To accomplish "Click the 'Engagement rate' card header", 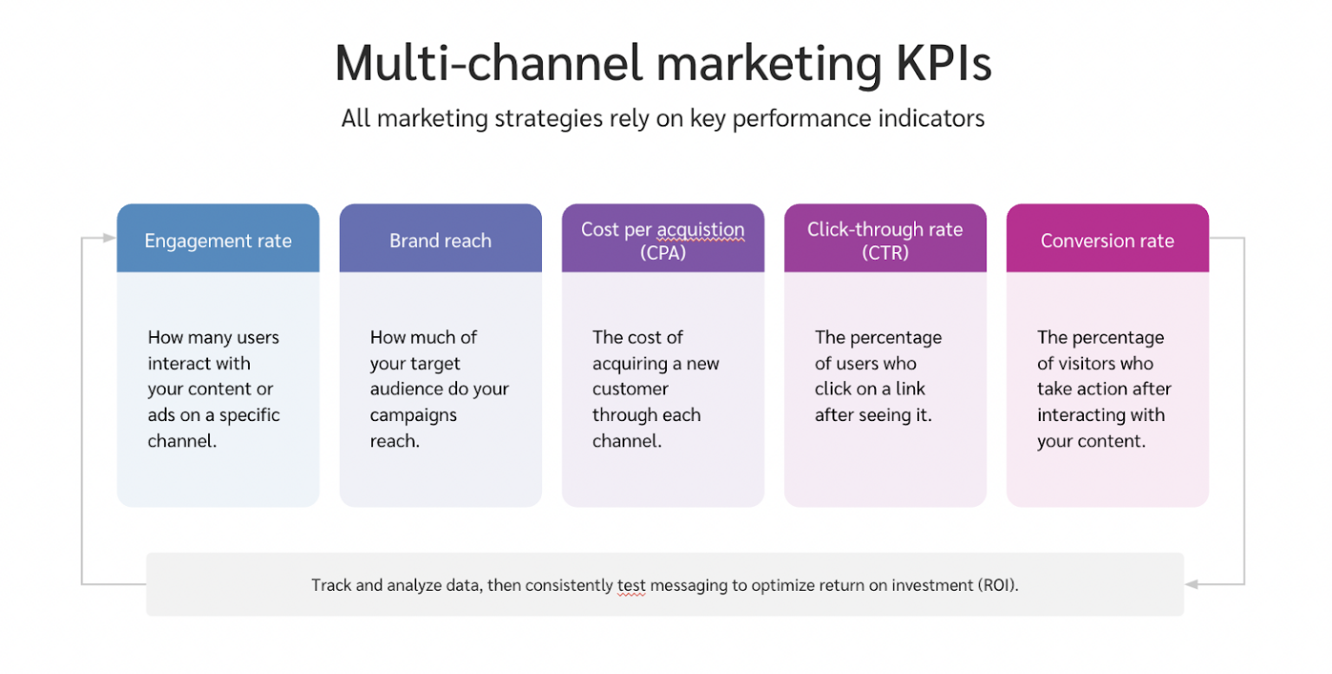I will pyautogui.click(x=218, y=240).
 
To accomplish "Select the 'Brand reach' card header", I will pyautogui.click(x=440, y=240).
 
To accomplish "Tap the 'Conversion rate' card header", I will pyautogui.click(x=1107, y=240).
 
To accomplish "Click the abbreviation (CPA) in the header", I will pyautogui.click(x=663, y=253).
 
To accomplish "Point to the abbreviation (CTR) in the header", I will pyautogui.click(x=885, y=253).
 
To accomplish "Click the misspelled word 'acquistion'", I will pyautogui.click(x=700, y=230).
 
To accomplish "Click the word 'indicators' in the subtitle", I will pyautogui.click(x=934, y=118).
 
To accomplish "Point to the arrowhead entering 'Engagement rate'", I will pyautogui.click(x=109, y=237).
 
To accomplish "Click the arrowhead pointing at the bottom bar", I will pyautogui.click(x=1192, y=584).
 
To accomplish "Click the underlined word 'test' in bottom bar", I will pyautogui.click(x=630, y=585).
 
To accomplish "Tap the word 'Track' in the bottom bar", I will pyautogui.click(x=331, y=585).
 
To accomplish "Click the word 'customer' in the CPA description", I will pyautogui.click(x=630, y=389).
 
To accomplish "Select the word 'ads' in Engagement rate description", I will pyautogui.click(x=162, y=415).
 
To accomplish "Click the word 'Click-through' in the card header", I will pyautogui.click(x=857, y=230).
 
